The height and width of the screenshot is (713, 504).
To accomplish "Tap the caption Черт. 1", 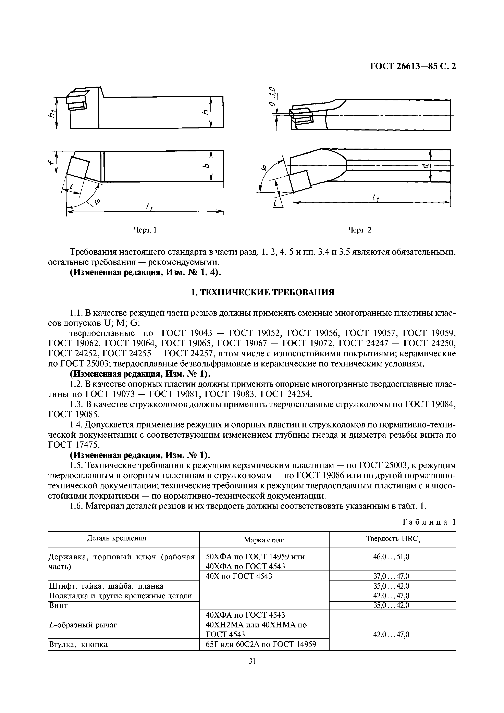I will tap(145, 230).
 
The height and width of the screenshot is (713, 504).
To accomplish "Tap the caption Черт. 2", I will tap(359, 230).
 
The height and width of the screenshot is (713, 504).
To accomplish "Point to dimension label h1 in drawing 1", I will tap(51, 114).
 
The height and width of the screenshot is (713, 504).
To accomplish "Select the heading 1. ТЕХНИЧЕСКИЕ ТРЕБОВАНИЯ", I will tap(262, 292).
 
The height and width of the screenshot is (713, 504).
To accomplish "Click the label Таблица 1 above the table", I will tap(429, 522).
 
